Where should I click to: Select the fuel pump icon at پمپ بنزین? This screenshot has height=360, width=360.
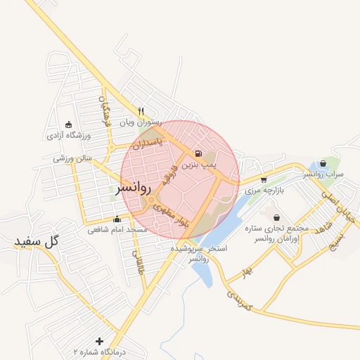pos(198,153)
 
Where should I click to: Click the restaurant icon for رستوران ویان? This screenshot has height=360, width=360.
pos(141,110)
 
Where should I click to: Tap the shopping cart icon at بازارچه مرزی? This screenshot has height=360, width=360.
pos(264,179)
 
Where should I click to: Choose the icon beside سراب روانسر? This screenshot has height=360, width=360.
pos(323,163)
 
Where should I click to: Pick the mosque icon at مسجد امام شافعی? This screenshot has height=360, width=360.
pos(117,219)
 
